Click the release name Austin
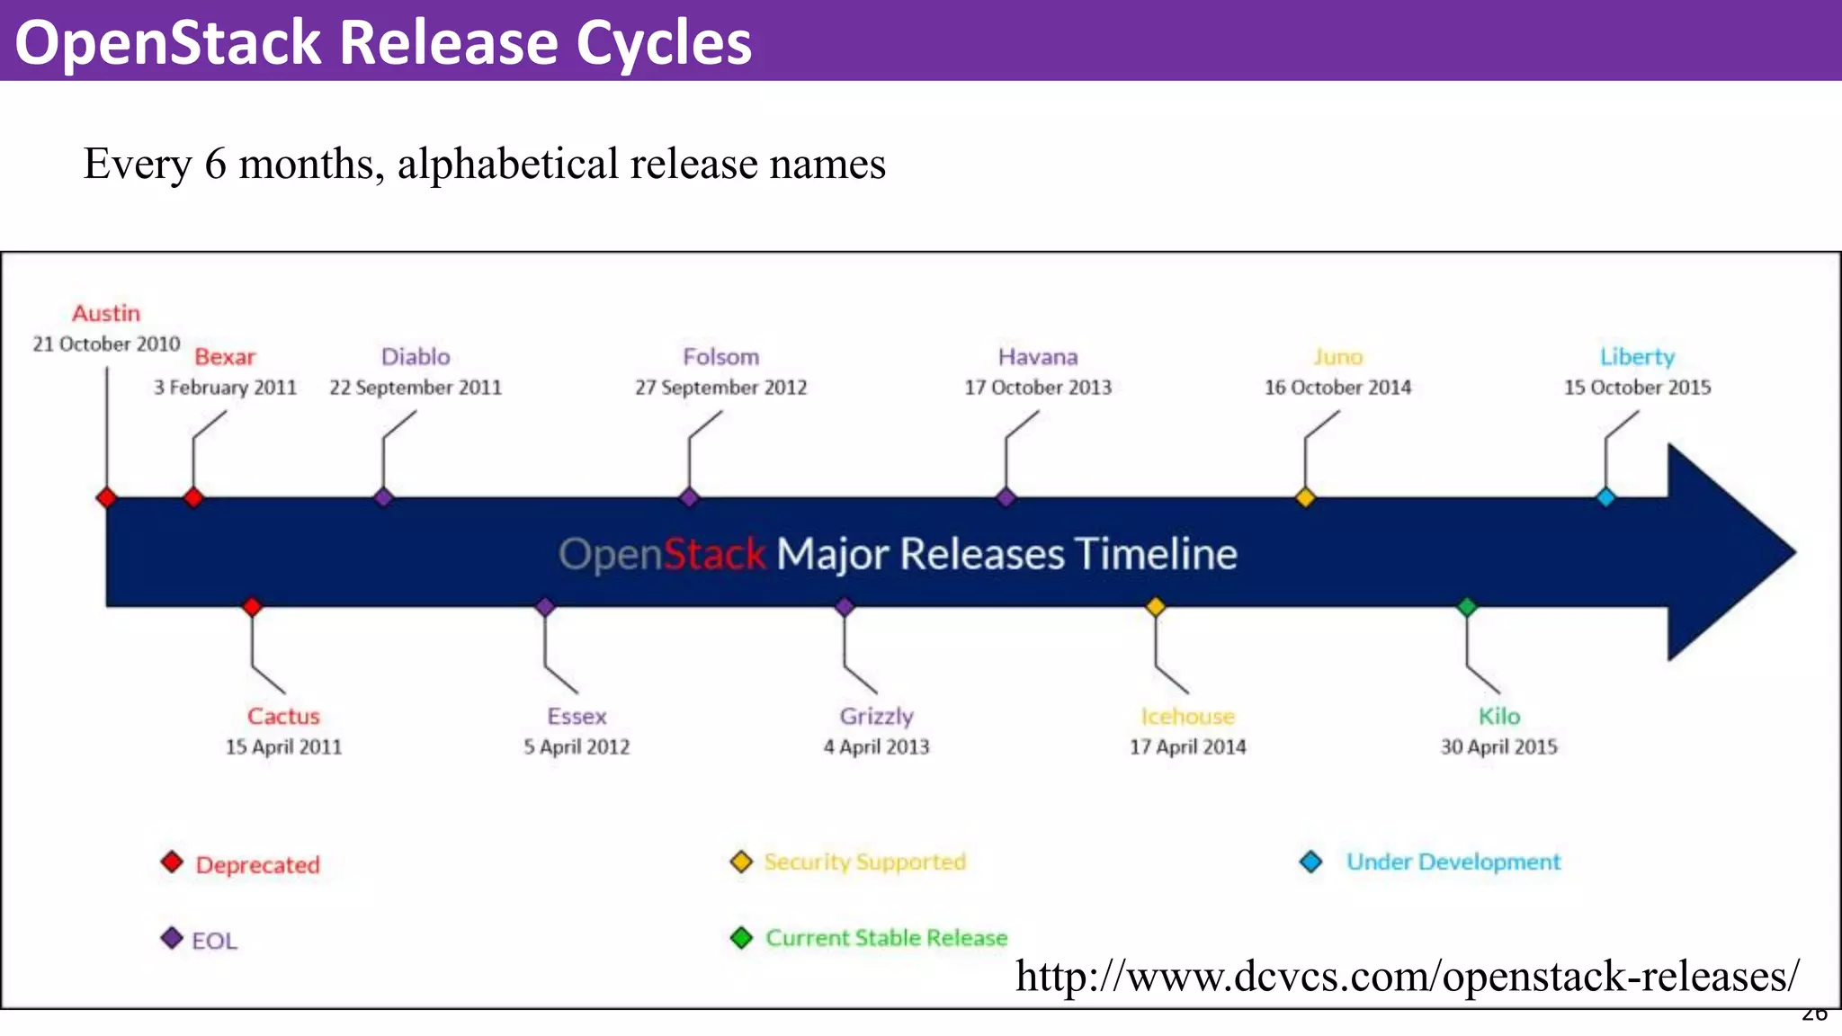[106, 313]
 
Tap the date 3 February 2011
[225, 388]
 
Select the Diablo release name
[416, 357]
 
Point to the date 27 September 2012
[721, 388]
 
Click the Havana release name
[1038, 357]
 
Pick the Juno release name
[1338, 357]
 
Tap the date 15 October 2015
[1637, 388]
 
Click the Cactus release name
[283, 717]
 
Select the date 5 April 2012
[577, 747]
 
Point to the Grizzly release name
[877, 717]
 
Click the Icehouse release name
[1188, 717]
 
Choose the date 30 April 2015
[1499, 747]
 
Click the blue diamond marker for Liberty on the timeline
[1605, 496]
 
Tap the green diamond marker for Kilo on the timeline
[1467, 607]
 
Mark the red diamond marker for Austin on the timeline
[106, 497]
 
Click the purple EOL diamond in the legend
[172, 939]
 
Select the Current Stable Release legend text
[886, 938]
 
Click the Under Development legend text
[1453, 862]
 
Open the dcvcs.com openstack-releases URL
[1408, 977]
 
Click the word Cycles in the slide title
[664, 42]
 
